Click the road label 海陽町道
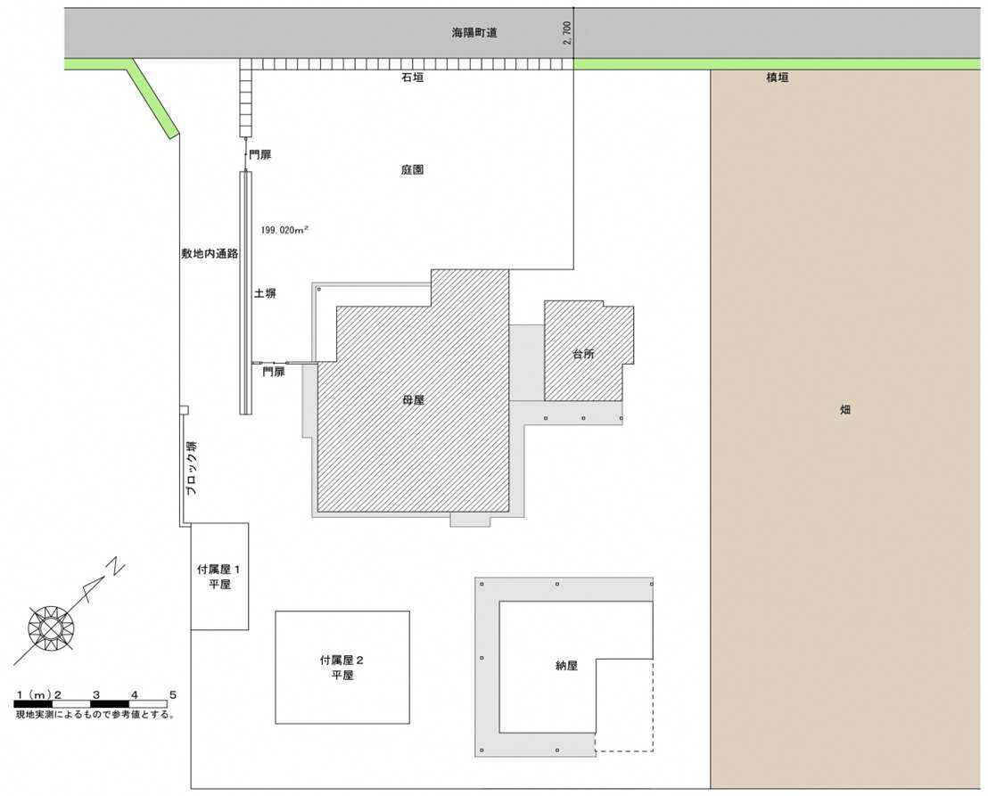473,33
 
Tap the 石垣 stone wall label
412,78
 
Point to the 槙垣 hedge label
777,78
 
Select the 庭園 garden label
412,169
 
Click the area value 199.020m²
284,230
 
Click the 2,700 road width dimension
567,33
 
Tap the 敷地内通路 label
210,254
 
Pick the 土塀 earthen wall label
265,293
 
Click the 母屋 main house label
413,400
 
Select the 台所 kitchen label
583,354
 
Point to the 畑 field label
845,409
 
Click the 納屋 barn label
566,665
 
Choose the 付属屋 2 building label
342,661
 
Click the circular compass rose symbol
51,628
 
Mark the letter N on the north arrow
115,567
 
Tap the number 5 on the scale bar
173,695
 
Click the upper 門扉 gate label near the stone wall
259,154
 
